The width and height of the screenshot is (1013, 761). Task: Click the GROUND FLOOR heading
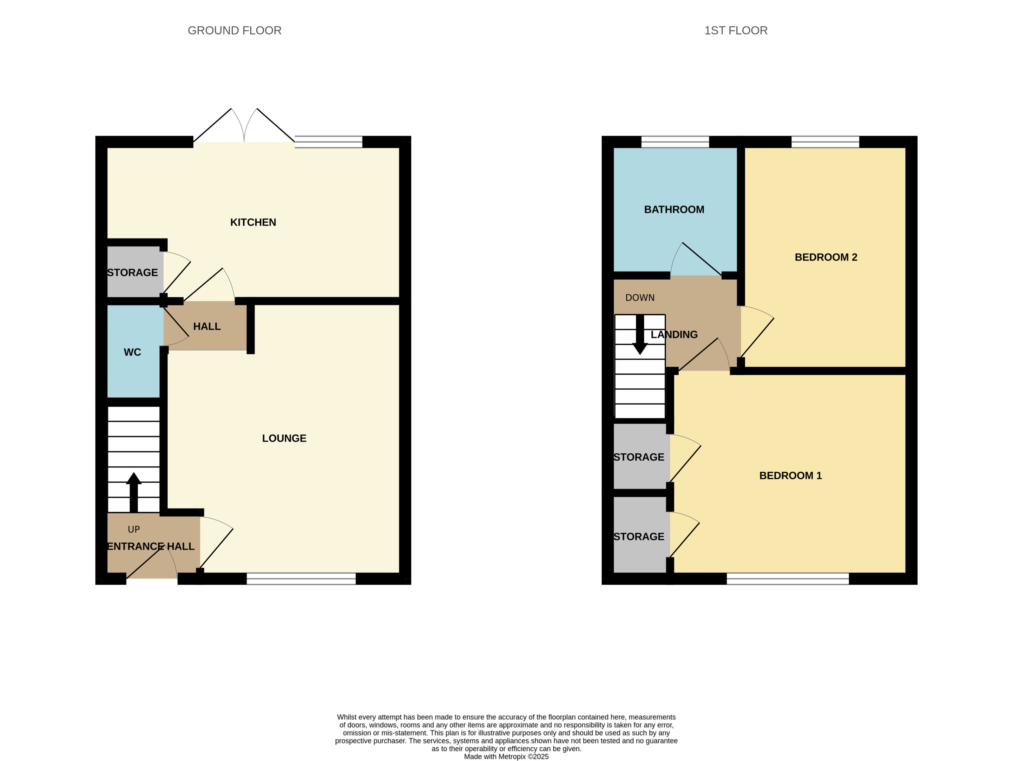tap(234, 31)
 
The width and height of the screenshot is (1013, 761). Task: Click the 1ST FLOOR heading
tap(735, 31)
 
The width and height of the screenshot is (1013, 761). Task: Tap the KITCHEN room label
tap(253, 223)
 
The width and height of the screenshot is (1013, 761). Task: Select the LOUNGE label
tap(284, 438)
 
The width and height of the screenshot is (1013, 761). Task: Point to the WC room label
tap(132, 352)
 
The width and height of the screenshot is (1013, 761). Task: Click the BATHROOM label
tap(674, 210)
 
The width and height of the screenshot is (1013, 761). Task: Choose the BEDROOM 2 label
tap(826, 257)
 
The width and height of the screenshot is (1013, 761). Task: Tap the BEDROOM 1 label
tap(790, 476)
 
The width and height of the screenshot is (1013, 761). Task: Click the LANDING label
tap(674, 335)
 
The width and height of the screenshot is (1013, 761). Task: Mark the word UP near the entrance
tap(134, 529)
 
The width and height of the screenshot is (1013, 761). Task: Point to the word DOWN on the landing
tap(640, 298)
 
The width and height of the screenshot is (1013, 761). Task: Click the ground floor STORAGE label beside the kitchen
tap(132, 273)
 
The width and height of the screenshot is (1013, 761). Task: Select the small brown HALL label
tap(207, 326)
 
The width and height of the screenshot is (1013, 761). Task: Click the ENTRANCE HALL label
tap(151, 546)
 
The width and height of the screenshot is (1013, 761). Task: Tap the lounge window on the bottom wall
tap(301, 579)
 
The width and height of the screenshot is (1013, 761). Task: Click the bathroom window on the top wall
tap(675, 142)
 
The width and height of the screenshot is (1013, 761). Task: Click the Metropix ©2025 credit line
tap(506, 756)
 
